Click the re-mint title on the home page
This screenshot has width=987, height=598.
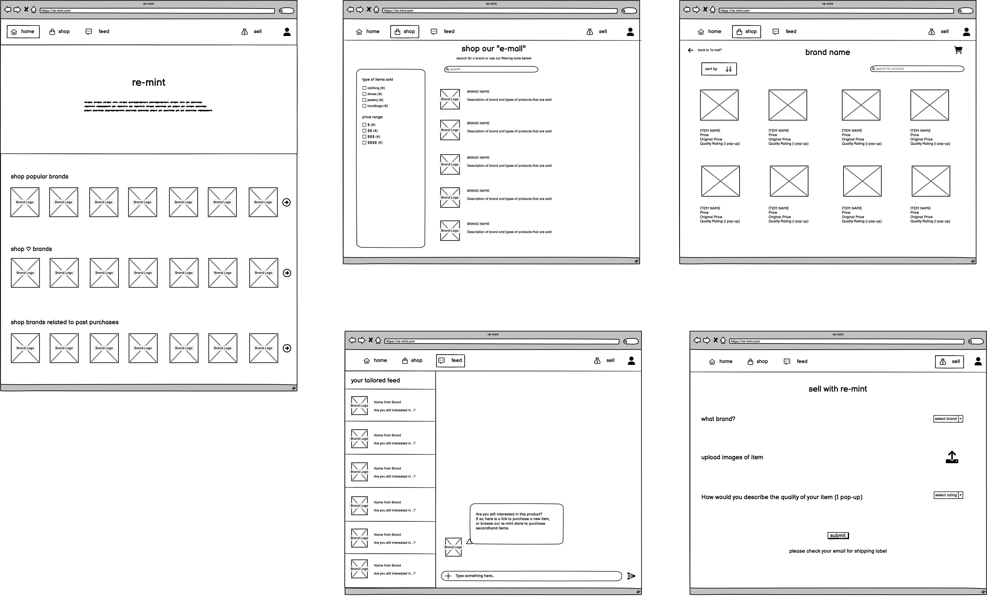click(149, 83)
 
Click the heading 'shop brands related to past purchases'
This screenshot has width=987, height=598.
click(64, 322)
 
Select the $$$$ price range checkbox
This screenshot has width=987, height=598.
click(364, 143)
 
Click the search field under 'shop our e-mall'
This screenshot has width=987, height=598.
click(491, 69)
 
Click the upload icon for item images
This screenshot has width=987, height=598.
click(952, 457)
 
